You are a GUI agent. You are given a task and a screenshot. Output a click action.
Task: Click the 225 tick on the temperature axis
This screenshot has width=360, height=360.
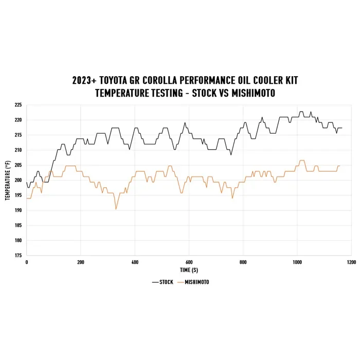(x=18, y=105)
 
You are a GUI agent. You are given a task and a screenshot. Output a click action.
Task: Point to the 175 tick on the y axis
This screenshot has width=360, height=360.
(x=18, y=255)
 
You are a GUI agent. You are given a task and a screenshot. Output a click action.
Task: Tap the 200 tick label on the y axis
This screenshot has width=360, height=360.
(x=18, y=180)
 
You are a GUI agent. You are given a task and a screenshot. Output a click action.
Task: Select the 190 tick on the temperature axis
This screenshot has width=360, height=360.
(x=18, y=210)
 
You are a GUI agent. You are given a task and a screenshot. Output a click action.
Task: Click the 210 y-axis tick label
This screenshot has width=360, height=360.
(x=18, y=150)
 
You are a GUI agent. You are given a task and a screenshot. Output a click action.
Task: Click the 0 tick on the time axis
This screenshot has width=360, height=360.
(x=26, y=262)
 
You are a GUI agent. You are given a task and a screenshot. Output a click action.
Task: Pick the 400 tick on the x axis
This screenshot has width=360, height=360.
(x=135, y=262)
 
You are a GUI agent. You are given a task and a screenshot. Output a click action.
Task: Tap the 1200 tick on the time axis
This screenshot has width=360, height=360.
(x=351, y=262)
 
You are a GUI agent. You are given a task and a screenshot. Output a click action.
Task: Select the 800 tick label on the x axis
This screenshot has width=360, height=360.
(x=243, y=262)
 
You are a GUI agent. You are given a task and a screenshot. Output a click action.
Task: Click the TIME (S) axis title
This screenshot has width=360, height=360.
(x=189, y=269)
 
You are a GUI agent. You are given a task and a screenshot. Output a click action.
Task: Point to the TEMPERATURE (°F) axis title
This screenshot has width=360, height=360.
(x=8, y=180)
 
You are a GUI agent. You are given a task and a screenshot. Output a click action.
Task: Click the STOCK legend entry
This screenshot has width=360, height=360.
(x=163, y=282)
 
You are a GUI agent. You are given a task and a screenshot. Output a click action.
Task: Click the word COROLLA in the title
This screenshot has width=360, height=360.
(x=174, y=81)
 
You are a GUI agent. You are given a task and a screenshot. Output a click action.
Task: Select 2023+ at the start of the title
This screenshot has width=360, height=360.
(x=85, y=81)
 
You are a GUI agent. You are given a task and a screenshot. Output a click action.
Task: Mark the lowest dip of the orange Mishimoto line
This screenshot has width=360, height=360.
(x=116, y=209)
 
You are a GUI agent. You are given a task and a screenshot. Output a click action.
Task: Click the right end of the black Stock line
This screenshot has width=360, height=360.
(x=341, y=128)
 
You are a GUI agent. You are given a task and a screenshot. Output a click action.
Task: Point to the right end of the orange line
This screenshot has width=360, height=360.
(x=340, y=166)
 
